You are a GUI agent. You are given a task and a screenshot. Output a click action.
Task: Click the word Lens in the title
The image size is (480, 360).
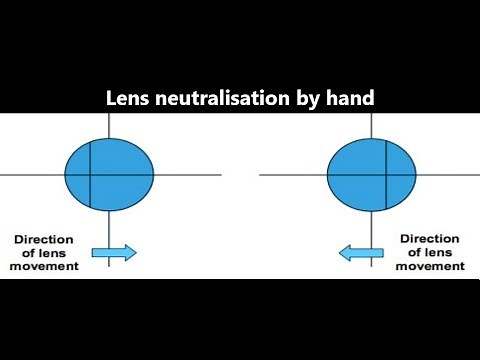click(x=127, y=100)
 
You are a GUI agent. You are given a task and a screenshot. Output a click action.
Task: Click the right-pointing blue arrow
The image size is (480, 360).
click(x=114, y=253)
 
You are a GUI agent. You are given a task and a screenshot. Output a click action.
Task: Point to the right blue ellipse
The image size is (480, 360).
click(x=372, y=175)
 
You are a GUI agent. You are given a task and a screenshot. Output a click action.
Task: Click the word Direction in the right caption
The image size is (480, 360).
click(x=431, y=240)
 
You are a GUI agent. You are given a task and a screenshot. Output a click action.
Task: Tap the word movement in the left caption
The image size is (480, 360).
click(x=45, y=266)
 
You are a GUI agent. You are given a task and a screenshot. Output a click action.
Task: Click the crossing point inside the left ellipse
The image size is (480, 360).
click(x=91, y=175)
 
